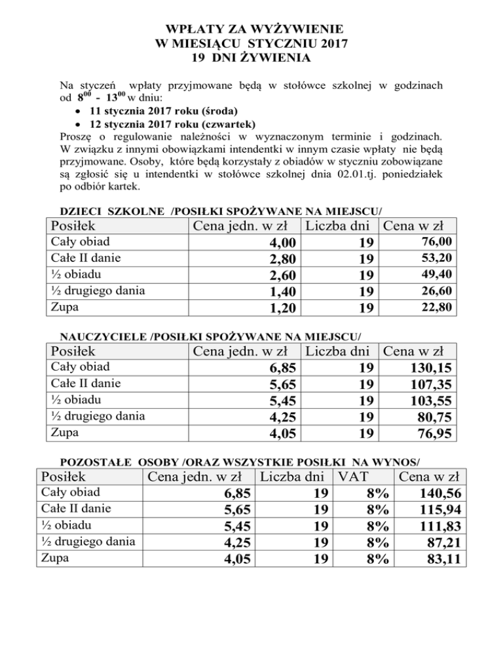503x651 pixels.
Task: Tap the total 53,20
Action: (x=435, y=258)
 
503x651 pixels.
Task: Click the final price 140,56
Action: (x=443, y=498)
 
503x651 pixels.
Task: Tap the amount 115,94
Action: (x=443, y=513)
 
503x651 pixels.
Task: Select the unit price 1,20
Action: (x=272, y=307)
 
